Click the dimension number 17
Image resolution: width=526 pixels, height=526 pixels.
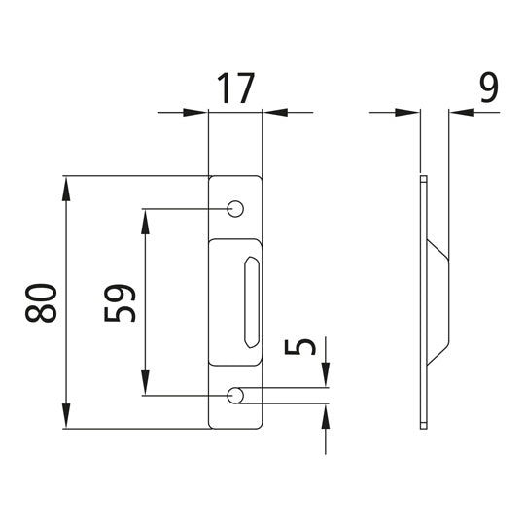(x=234, y=88)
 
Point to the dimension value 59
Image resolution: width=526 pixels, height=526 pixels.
(x=119, y=302)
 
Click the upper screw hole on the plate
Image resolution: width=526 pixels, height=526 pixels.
(x=234, y=209)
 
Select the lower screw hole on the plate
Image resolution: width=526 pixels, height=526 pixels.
(x=234, y=396)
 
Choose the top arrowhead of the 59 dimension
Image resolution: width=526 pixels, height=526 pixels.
(x=144, y=220)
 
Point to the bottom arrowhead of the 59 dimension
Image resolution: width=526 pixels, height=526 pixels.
(x=144, y=385)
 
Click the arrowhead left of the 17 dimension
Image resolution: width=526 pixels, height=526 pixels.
(x=198, y=114)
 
